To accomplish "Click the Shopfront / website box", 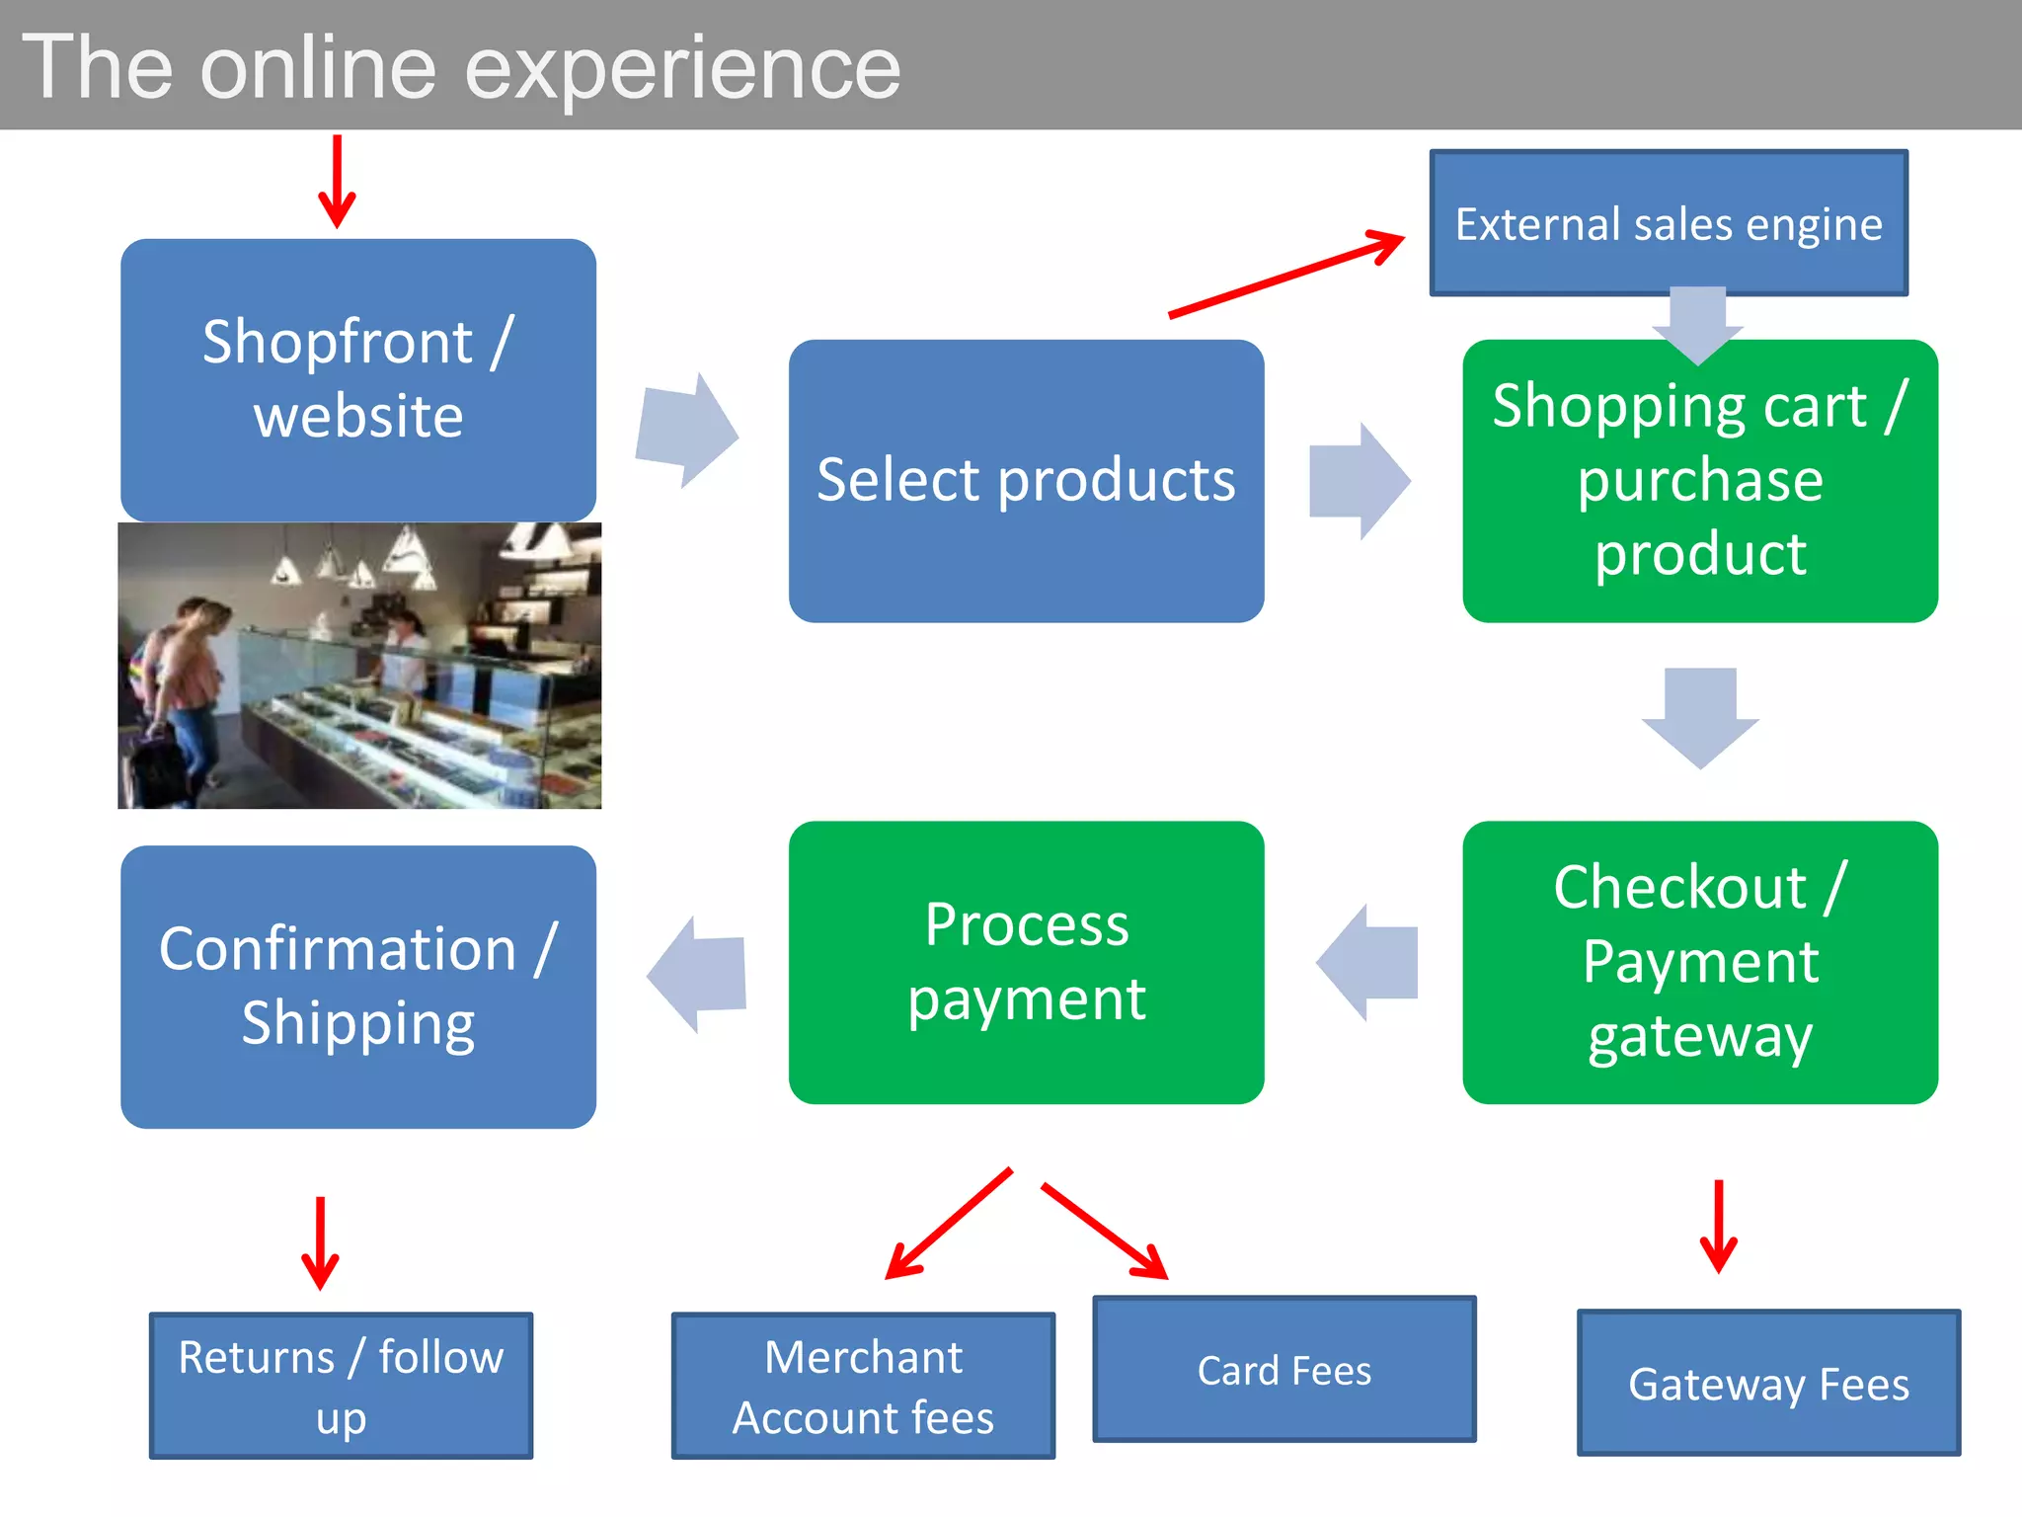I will click(x=357, y=379).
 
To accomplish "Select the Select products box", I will click(x=1026, y=481).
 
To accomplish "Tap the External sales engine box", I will click(x=1669, y=223).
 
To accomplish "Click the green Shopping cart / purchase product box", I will click(x=1699, y=481).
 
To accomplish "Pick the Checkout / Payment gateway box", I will click(x=1699, y=962).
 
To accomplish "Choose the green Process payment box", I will click(x=1026, y=962).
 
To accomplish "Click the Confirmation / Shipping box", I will click(x=357, y=987).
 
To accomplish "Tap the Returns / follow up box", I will click(x=341, y=1385).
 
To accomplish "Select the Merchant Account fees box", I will click(x=863, y=1385).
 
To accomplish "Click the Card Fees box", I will click(x=1283, y=1369).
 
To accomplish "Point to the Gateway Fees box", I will click(x=1767, y=1383).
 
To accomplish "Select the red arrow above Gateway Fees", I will click(x=1718, y=1225).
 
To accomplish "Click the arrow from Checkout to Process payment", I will click(x=1369, y=962).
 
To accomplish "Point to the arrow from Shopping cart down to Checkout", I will click(x=1699, y=717).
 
